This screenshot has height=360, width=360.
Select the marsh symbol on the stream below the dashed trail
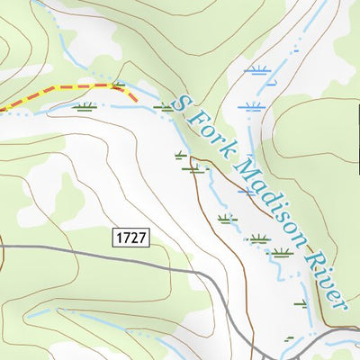(x=85, y=107)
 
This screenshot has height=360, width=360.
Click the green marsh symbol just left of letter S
(x=164, y=106)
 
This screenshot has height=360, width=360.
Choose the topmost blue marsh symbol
(x=258, y=69)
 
